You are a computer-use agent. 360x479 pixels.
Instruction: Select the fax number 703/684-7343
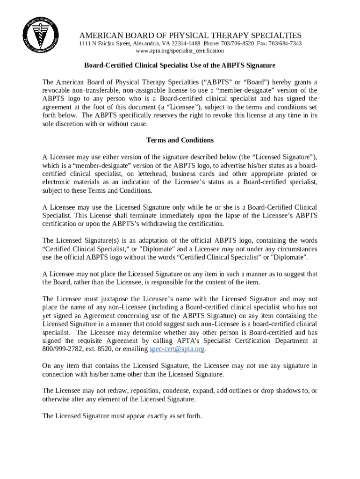[x=285, y=44]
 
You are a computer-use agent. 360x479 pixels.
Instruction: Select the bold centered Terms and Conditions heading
[x=180, y=140]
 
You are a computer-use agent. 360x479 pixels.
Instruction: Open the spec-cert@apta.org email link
[x=177, y=349]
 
